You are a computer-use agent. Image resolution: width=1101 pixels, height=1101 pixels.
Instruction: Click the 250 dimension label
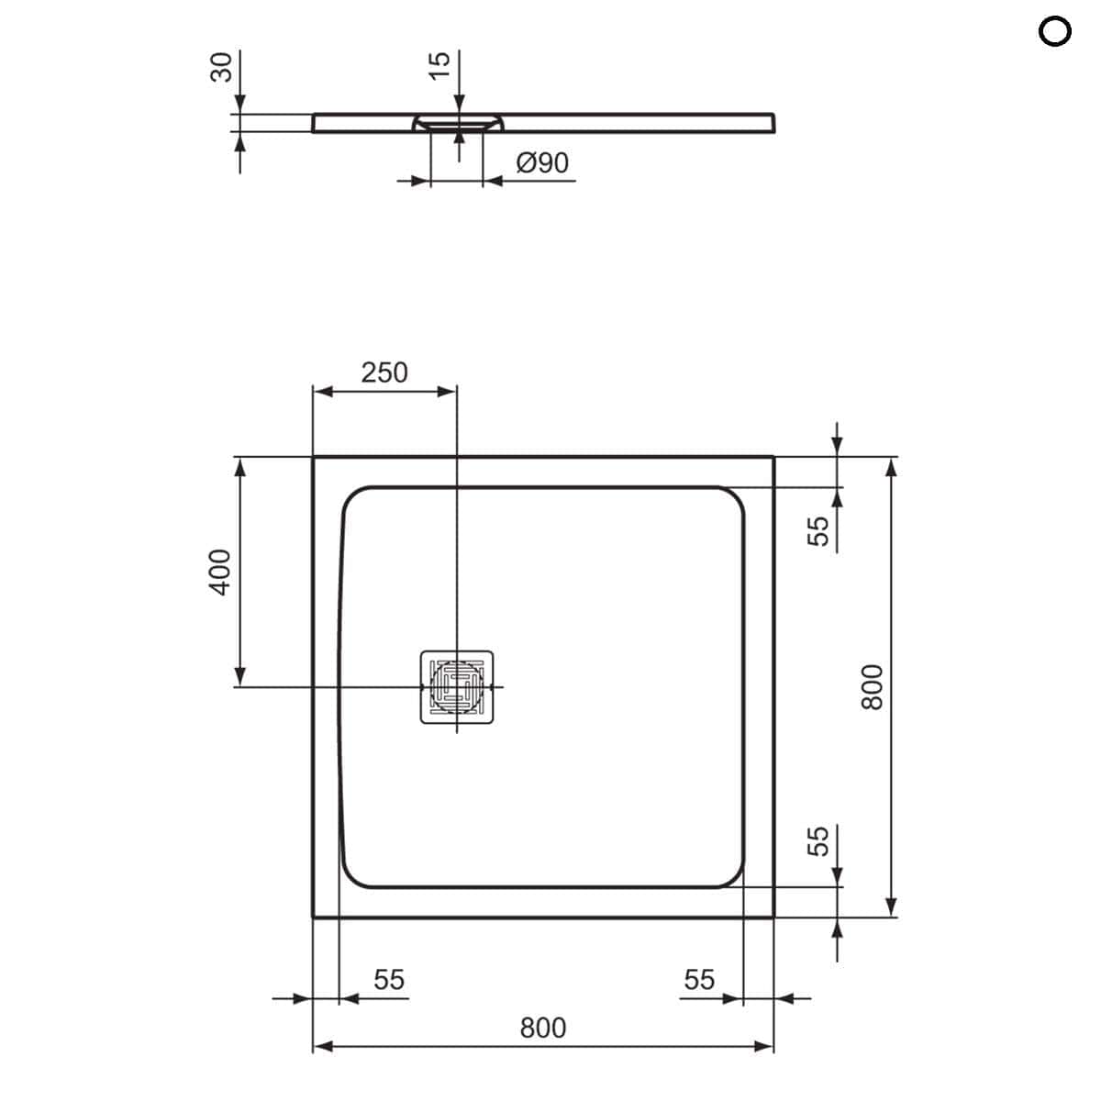(x=384, y=373)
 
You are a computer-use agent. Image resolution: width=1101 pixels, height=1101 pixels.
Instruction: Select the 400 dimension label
(x=221, y=572)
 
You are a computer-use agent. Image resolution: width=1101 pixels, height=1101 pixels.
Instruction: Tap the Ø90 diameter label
(x=542, y=163)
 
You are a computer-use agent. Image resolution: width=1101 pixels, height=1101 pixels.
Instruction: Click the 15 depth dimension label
(x=439, y=65)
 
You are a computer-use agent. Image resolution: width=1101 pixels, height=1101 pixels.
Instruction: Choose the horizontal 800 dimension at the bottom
(x=542, y=1028)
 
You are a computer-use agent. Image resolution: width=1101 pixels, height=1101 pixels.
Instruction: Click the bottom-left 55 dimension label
(x=388, y=980)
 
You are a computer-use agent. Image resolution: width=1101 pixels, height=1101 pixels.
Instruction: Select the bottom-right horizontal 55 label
(x=698, y=980)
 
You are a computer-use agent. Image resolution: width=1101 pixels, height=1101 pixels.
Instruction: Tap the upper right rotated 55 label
(x=817, y=530)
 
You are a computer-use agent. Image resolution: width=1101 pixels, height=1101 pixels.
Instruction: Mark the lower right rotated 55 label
(x=817, y=840)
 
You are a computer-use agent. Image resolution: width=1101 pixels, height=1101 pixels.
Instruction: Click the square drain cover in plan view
(x=456, y=686)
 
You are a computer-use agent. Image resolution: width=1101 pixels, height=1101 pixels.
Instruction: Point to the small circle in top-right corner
(x=1054, y=32)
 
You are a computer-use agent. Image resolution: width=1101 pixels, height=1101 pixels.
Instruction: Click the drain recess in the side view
(x=457, y=122)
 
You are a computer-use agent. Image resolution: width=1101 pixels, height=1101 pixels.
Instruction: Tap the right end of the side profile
(x=774, y=123)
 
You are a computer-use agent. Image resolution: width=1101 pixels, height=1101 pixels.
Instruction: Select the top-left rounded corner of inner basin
(x=353, y=498)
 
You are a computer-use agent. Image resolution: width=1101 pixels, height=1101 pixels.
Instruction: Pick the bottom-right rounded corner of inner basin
(x=731, y=876)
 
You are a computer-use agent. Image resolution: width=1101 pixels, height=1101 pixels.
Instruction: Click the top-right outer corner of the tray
(x=773, y=457)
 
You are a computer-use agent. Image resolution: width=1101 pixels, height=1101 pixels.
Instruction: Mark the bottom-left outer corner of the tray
(x=314, y=917)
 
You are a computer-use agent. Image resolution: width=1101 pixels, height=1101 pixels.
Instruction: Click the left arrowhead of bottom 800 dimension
(x=321, y=1047)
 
